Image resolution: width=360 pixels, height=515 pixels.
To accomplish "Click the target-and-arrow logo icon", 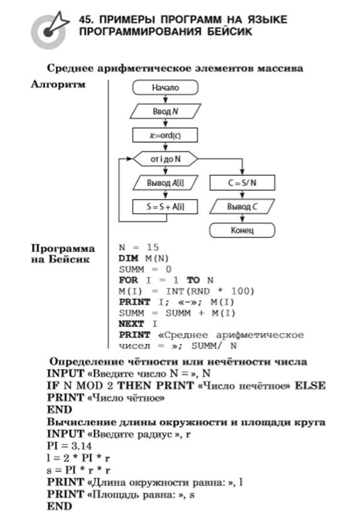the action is tap(49, 31).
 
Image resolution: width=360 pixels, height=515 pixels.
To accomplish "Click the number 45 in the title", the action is tap(85, 19).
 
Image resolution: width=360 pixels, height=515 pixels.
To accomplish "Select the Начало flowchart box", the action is tap(165, 88).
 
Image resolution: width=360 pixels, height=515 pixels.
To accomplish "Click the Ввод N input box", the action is tap(165, 111).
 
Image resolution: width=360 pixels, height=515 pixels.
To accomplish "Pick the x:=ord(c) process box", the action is tap(165, 135).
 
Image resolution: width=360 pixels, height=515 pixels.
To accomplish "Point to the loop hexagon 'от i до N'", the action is tap(165, 159).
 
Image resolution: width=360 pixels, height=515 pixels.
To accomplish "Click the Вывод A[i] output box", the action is tap(165, 183).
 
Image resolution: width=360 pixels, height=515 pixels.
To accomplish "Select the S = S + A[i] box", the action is tap(165, 207).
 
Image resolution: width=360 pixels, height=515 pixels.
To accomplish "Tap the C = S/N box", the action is tap(242, 183).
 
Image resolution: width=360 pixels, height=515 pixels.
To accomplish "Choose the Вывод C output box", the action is tap(242, 207).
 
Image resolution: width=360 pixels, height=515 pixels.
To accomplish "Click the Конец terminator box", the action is tap(242, 230).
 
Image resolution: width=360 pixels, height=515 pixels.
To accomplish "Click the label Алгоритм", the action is tap(58, 84).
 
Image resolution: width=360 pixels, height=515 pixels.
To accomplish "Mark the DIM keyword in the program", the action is tap(128, 258).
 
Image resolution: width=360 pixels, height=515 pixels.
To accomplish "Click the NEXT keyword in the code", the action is tap(131, 324).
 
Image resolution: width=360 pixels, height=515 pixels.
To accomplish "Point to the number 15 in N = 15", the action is tap(153, 247).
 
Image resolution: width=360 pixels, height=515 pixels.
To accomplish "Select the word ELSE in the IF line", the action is tap(310, 385).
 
